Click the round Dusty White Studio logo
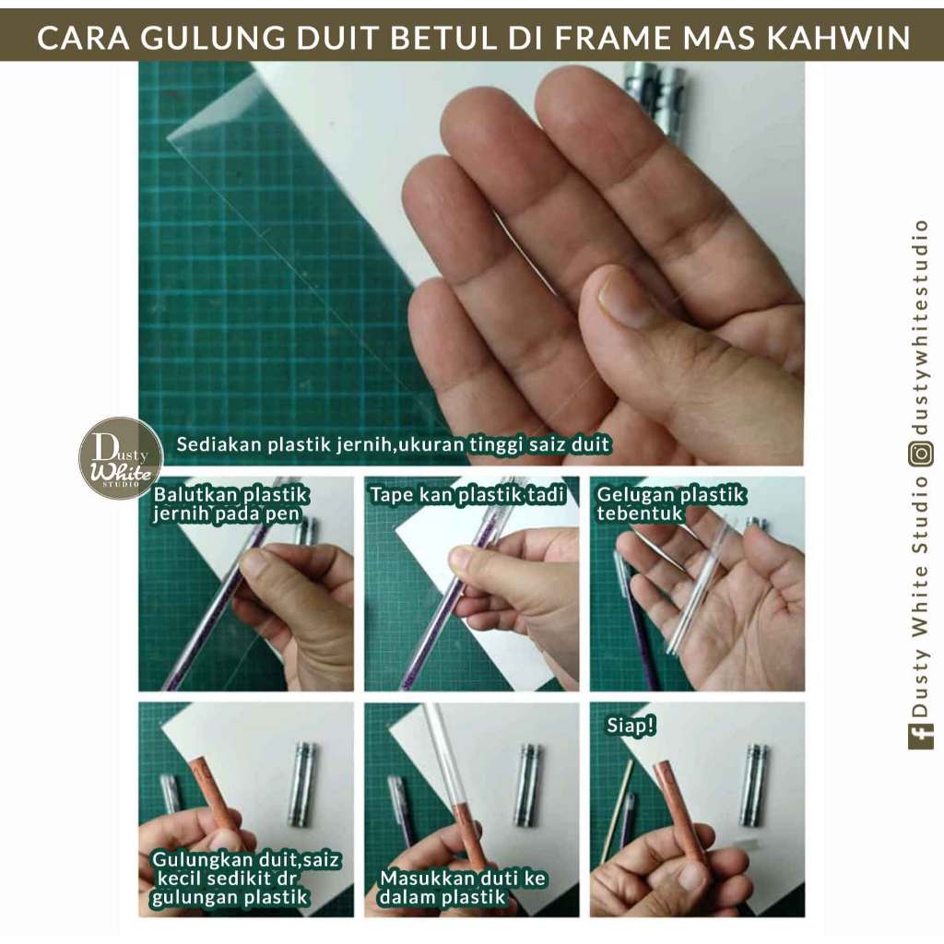tap(121, 458)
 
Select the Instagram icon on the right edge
tap(921, 454)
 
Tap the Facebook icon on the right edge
tap(921, 737)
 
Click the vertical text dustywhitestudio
tap(921, 327)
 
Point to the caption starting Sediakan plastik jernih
tap(393, 445)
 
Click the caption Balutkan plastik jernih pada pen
tap(230, 504)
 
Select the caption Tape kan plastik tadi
tap(467, 495)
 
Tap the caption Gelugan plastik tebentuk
tap(671, 504)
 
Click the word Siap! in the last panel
tap(631, 726)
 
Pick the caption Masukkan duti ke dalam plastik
tap(463, 888)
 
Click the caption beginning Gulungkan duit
tap(245, 878)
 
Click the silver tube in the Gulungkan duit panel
tap(303, 784)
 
